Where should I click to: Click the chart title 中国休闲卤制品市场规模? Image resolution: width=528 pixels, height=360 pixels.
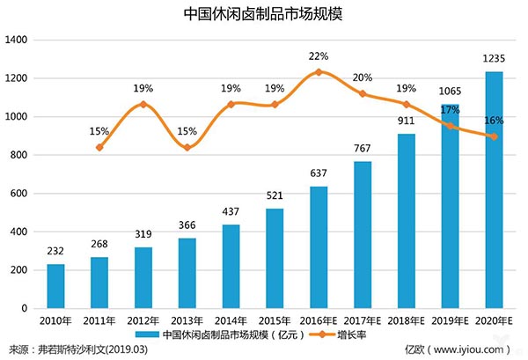point(264,14)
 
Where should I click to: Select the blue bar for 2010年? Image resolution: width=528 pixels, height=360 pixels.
point(55,286)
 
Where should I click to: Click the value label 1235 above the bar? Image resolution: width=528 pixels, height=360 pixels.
point(495,59)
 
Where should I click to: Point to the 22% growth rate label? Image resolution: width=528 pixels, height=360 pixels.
point(319,56)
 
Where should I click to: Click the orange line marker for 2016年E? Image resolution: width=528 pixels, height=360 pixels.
point(319,72)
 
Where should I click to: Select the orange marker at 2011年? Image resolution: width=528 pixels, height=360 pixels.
point(99,147)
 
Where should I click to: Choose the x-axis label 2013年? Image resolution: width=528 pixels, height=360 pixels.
point(187,321)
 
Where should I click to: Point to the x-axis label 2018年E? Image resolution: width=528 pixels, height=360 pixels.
point(407,321)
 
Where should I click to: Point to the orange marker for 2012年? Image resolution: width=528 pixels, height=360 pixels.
point(143,104)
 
